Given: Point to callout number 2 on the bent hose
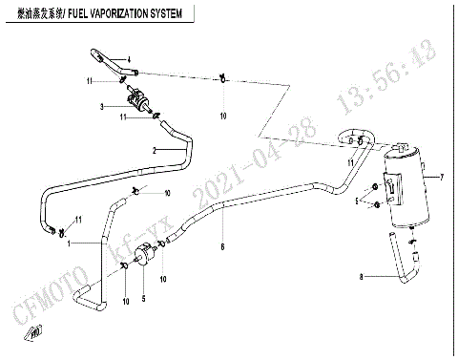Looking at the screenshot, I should tap(154, 150).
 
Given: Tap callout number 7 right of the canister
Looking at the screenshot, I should tap(442, 178).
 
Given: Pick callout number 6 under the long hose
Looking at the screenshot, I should tap(222, 246).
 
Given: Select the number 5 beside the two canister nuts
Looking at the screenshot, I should tap(358, 201).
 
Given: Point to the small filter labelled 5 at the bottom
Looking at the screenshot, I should tap(146, 256).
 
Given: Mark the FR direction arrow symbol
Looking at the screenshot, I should tap(35, 332).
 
